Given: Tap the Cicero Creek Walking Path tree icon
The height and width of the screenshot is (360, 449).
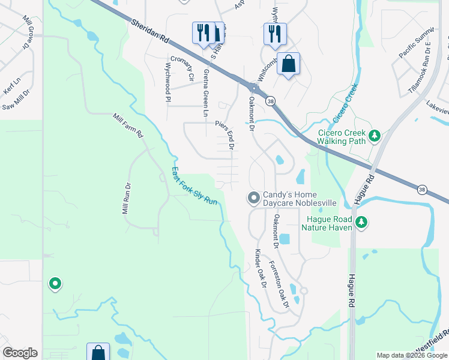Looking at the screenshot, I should (375, 136).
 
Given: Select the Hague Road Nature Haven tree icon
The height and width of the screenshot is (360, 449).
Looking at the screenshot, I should (361, 223).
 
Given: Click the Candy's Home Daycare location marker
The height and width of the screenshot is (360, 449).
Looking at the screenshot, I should (254, 197).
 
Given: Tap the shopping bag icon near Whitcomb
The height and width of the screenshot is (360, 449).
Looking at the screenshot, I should (288, 63).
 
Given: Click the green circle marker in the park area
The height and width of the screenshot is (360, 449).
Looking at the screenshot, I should (55, 283).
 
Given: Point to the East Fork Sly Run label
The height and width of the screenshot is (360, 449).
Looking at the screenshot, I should (194, 186).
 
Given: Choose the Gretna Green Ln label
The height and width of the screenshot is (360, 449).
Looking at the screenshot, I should (206, 94).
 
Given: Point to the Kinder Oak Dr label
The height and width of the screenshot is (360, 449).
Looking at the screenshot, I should (261, 269).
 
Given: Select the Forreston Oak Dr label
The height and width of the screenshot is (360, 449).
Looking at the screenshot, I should (279, 284).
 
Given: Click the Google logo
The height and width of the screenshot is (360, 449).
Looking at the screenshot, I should (20, 353).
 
